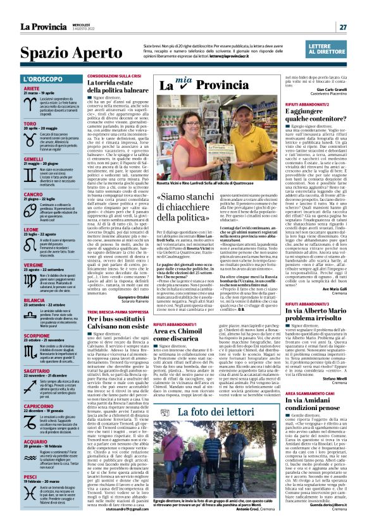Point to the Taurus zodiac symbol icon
[x=13, y=136]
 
